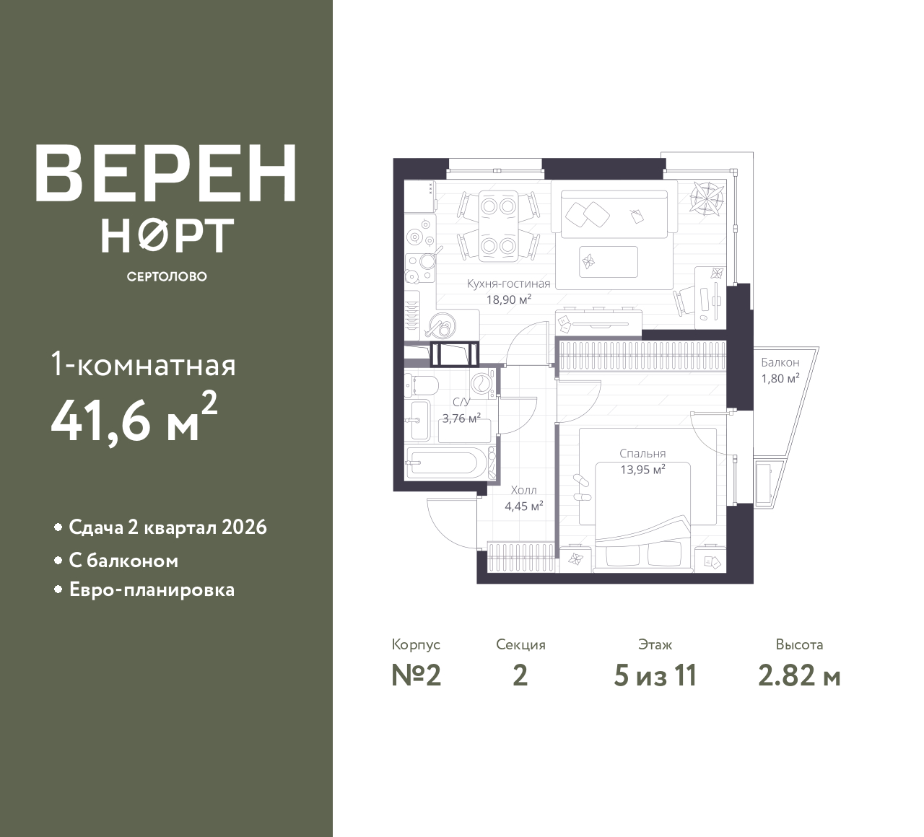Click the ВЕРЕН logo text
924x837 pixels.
click(x=166, y=173)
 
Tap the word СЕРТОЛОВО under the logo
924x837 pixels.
click(x=167, y=276)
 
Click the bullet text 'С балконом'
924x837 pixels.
click(x=123, y=561)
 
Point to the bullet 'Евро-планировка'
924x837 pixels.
click(x=152, y=590)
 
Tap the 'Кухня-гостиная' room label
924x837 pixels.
click(x=508, y=284)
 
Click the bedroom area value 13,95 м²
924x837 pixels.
click(x=642, y=470)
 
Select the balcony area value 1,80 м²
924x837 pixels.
click(x=780, y=378)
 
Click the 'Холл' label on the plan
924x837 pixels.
click(x=524, y=491)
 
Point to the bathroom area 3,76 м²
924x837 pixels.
click(x=461, y=418)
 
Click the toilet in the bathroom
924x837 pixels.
click(x=421, y=386)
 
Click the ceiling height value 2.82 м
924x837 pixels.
click(x=799, y=676)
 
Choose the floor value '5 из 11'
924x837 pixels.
click(x=655, y=676)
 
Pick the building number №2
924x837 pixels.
click(x=416, y=676)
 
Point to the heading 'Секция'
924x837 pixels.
click(x=520, y=644)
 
